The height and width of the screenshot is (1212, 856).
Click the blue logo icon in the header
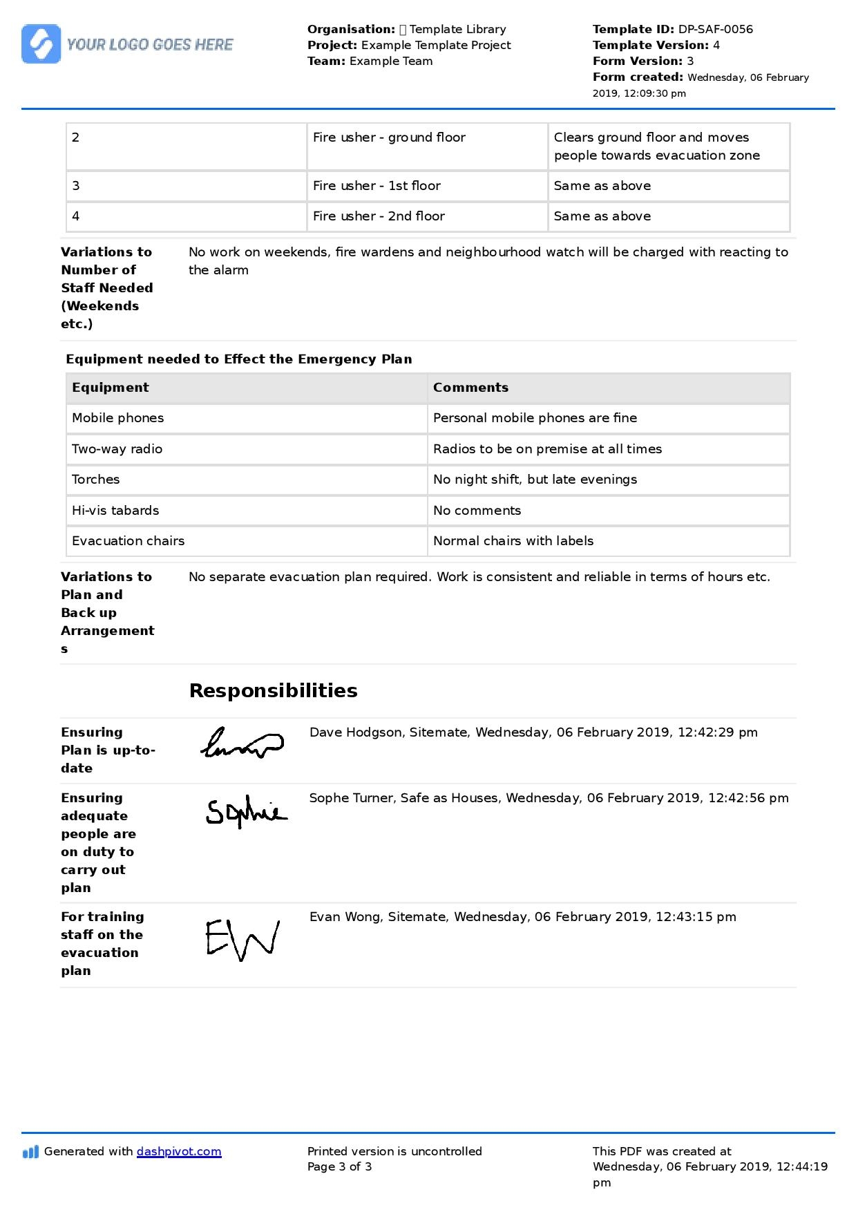click(x=41, y=44)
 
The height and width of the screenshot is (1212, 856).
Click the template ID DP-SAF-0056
click(x=715, y=29)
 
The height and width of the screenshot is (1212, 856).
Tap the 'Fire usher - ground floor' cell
click(x=389, y=138)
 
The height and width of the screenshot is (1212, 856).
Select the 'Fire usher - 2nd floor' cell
click(x=379, y=216)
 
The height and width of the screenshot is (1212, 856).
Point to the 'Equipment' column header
click(x=111, y=388)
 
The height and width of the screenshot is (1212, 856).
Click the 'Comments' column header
click(x=470, y=388)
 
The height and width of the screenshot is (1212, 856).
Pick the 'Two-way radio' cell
click(x=117, y=449)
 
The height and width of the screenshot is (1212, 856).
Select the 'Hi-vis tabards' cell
click(x=115, y=511)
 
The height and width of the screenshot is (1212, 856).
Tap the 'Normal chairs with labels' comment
click(x=513, y=541)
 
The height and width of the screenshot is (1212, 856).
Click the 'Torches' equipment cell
click(x=96, y=480)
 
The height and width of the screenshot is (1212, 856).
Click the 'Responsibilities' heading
click(x=273, y=691)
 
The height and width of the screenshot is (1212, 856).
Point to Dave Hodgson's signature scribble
click(x=241, y=744)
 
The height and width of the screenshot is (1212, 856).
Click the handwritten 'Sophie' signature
click(x=246, y=812)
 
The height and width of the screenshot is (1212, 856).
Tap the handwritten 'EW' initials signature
click(x=242, y=939)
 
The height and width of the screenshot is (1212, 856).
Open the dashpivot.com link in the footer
click(x=179, y=1152)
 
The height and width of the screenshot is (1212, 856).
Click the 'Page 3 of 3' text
click(x=339, y=1167)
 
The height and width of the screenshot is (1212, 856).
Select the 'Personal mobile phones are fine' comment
click(x=535, y=418)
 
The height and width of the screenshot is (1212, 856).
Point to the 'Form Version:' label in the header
click(x=638, y=61)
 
